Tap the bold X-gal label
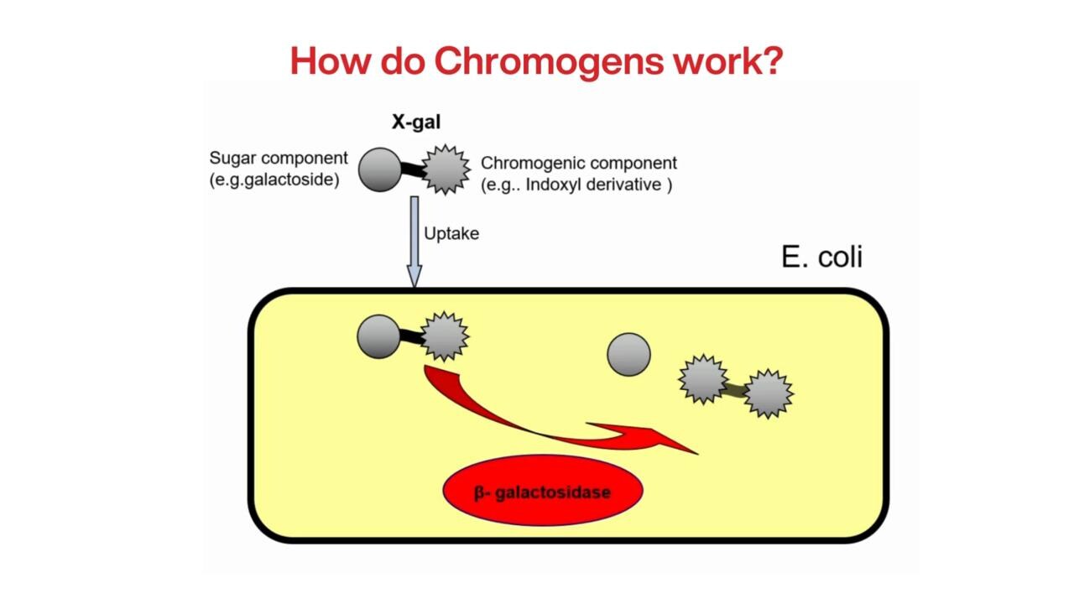[416, 122]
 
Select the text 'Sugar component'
[279, 158]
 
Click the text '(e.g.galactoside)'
[274, 180]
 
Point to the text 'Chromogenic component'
[578, 163]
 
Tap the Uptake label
[451, 234]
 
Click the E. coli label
[821, 257]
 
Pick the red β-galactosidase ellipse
[542, 491]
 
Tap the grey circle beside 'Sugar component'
[380, 169]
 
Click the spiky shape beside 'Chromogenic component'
[446, 169]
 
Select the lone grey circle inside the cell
[628, 354]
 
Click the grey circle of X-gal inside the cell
[378, 336]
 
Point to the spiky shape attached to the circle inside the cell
[443, 336]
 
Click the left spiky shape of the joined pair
[703, 379]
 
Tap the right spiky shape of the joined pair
[768, 393]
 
